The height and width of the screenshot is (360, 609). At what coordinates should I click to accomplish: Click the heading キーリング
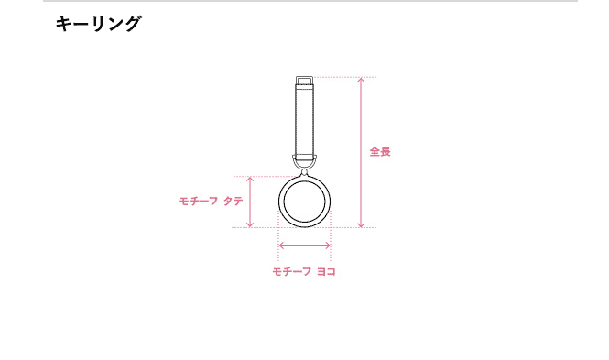[98, 24]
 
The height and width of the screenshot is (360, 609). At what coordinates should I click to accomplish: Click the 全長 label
[380, 151]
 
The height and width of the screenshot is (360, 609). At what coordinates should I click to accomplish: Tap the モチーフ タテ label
[211, 201]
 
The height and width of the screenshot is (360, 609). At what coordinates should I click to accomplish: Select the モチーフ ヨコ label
[304, 271]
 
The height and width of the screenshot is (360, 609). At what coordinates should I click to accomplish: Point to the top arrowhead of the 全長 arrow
[361, 79]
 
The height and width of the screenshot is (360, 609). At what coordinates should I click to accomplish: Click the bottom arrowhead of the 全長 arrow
[361, 225]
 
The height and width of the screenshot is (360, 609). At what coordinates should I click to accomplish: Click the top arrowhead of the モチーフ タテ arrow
[250, 179]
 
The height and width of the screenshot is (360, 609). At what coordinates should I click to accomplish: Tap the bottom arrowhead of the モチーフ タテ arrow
[250, 225]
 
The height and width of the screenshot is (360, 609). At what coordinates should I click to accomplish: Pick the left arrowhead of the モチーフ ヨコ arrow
[281, 245]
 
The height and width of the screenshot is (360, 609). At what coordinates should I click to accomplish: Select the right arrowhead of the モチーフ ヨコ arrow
[328, 245]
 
